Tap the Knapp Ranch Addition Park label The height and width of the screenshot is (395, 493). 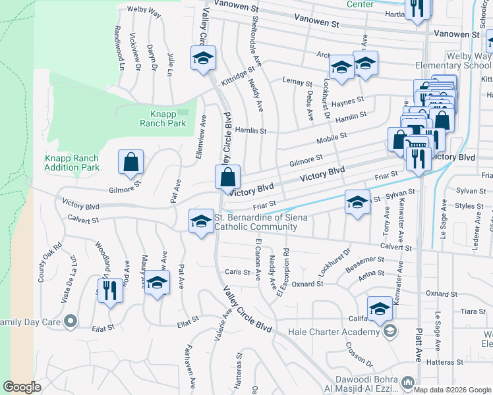[x=71, y=163]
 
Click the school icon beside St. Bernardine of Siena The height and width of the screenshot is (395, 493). [x=201, y=221]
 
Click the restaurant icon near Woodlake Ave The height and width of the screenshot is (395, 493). [x=110, y=290]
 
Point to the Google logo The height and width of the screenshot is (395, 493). [x=22, y=387]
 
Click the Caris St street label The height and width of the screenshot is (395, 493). [x=233, y=272]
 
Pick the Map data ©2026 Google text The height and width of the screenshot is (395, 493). [x=453, y=389]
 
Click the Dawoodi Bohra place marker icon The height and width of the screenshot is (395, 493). [x=408, y=382]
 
